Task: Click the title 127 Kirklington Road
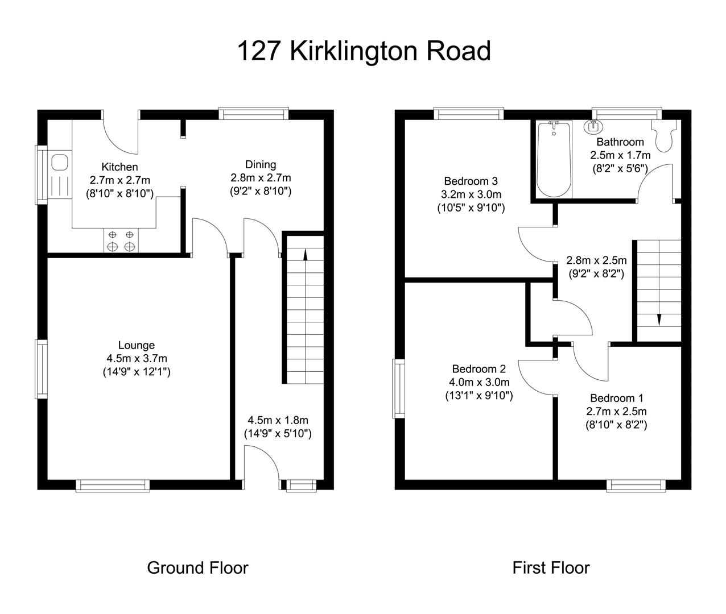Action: coord(363,51)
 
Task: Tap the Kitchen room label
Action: coord(119,167)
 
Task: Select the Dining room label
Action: coord(261,165)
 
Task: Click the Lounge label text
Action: coord(137,345)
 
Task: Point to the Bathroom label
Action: coord(620,142)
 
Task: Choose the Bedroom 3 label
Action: coord(471,181)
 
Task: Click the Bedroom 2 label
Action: coord(479,369)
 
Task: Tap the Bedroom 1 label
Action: coord(617,398)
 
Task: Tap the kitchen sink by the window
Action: coord(59,163)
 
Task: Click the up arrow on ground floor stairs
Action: coord(306,255)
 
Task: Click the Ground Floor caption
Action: coord(197,567)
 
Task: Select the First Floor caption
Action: coord(551,567)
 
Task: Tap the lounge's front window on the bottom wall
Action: coord(113,485)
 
